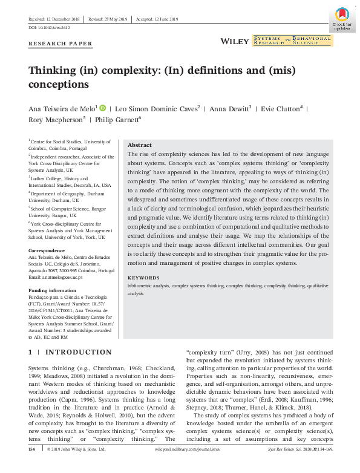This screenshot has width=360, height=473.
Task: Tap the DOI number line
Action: point(50,28)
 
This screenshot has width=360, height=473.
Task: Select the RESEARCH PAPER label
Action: point(61,44)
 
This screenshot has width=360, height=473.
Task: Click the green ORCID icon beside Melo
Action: point(103,108)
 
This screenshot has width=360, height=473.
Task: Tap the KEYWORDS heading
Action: point(143,278)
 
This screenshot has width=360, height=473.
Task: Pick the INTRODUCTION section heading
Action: point(79,352)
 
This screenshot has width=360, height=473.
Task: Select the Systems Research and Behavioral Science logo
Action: point(292,41)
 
